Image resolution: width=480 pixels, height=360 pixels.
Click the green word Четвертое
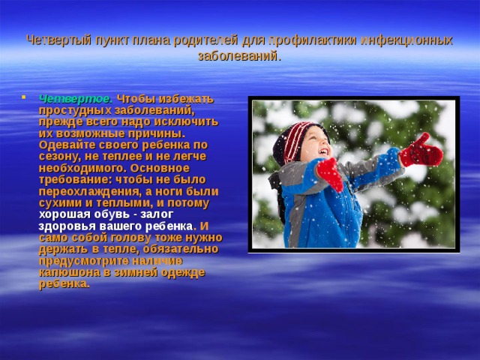[x=76, y=98]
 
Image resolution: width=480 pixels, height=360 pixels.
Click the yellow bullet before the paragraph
[x=27, y=98]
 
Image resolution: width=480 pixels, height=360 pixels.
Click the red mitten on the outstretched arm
[x=421, y=151]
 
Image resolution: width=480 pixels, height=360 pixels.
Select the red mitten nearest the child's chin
[x=329, y=174]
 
